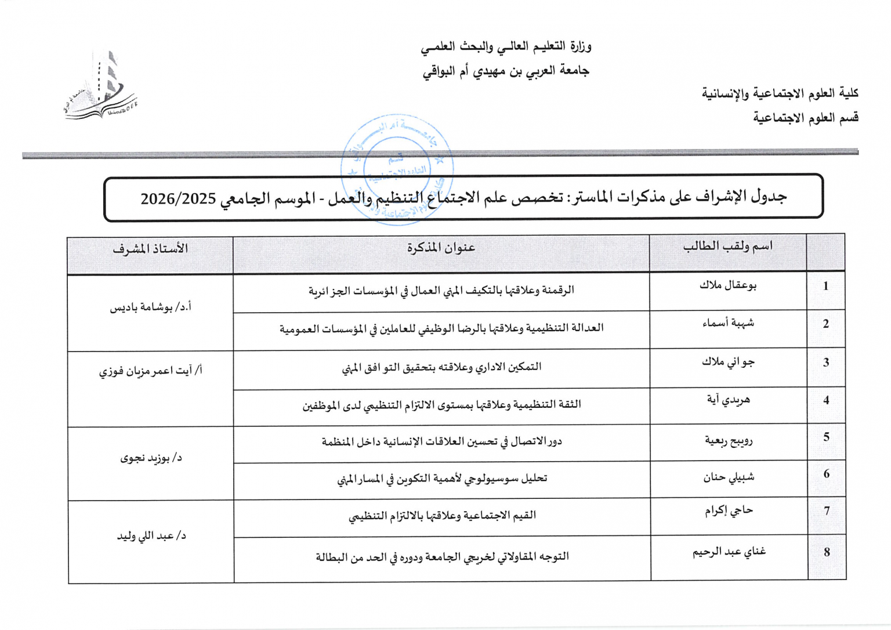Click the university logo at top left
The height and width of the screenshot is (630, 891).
tap(100, 87)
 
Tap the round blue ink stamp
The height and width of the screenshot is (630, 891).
tap(397, 168)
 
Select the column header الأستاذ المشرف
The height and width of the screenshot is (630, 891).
tap(150, 249)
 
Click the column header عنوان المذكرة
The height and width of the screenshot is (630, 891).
tap(441, 248)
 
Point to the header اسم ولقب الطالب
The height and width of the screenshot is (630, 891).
tap(727, 247)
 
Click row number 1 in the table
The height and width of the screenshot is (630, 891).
tap(825, 286)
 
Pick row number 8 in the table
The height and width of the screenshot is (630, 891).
tap(827, 552)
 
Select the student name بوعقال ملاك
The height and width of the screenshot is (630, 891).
tap(728, 285)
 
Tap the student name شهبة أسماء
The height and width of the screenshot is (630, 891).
tap(728, 323)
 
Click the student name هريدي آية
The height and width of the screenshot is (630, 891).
tap(728, 399)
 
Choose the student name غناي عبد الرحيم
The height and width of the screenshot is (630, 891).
tap(729, 552)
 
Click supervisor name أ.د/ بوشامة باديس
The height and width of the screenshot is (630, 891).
tap(151, 307)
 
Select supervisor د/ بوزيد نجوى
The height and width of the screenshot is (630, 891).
tap(151, 458)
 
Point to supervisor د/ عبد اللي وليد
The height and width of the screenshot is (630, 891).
tap(151, 536)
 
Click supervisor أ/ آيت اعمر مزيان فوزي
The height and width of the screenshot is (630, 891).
tap(151, 370)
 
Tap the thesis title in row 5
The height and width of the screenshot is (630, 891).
tap(441, 441)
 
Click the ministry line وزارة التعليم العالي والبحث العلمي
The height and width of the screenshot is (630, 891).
tap(506, 46)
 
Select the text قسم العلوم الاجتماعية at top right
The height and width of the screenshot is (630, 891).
tap(806, 118)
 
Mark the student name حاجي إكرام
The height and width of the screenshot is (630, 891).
tap(729, 510)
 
